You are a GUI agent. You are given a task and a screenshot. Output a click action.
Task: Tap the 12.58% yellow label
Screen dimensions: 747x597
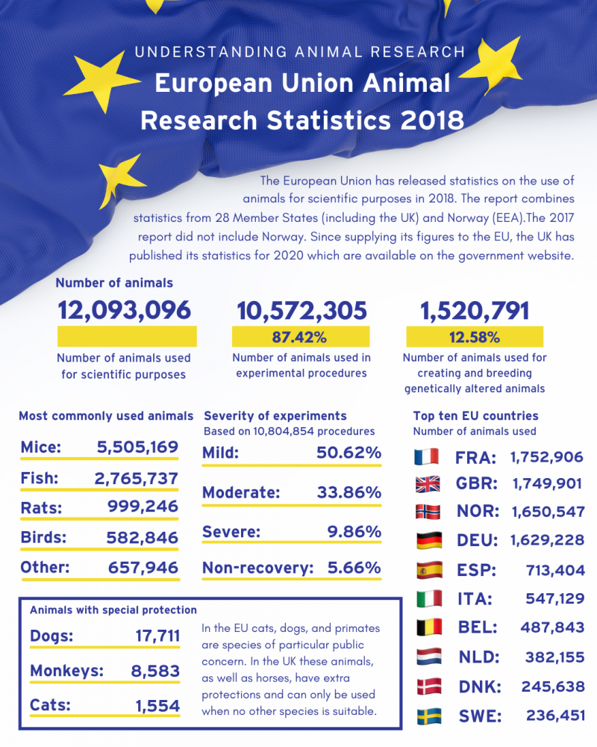[475, 337]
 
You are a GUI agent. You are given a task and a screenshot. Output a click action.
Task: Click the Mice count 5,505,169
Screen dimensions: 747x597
[137, 447]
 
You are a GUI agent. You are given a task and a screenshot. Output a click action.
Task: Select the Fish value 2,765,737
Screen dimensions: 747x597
[136, 478]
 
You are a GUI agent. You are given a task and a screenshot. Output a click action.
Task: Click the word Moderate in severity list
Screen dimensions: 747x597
[241, 493]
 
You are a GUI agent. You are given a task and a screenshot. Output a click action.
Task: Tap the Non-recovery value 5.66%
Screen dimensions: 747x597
[354, 568]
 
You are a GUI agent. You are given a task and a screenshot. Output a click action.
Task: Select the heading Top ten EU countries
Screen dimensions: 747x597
[475, 416]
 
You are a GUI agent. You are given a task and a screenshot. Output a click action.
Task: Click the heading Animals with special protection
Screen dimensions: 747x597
[113, 610]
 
